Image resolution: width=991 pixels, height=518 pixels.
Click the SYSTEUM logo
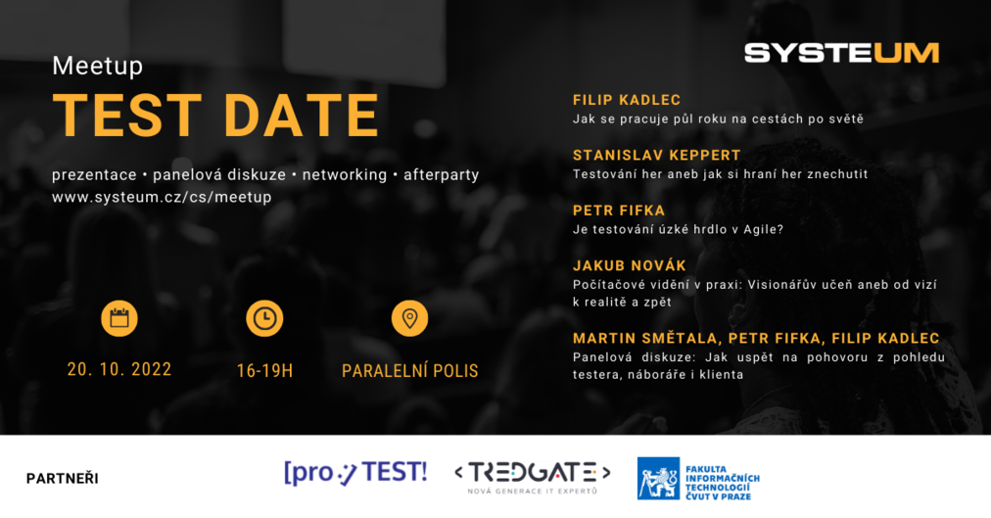[x=841, y=53]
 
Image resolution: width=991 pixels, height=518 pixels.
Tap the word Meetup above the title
[x=98, y=66]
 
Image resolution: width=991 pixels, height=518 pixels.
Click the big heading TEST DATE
[x=215, y=115]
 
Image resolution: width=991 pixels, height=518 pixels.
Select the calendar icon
[x=119, y=317]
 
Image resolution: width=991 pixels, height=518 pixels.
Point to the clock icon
[x=264, y=317]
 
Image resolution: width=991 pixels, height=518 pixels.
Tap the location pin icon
[x=409, y=317]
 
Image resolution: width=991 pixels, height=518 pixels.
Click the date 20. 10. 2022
[x=119, y=369]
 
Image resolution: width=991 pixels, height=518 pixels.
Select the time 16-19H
[x=264, y=371]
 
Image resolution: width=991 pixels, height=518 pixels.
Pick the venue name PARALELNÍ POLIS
[x=409, y=371]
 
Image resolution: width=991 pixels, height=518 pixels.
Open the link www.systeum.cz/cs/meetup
[x=162, y=197]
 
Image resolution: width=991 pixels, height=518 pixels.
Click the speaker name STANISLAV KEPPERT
[x=657, y=156]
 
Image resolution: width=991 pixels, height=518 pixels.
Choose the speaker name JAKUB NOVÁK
[x=630, y=265]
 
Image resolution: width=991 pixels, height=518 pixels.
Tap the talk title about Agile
[x=679, y=229]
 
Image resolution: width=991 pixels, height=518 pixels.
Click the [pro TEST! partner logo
[x=355, y=473]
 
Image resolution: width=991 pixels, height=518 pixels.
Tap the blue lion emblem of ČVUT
[x=658, y=478]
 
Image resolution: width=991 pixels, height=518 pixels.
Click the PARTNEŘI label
[x=62, y=478]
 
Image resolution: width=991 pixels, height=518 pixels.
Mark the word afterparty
[x=441, y=175]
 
